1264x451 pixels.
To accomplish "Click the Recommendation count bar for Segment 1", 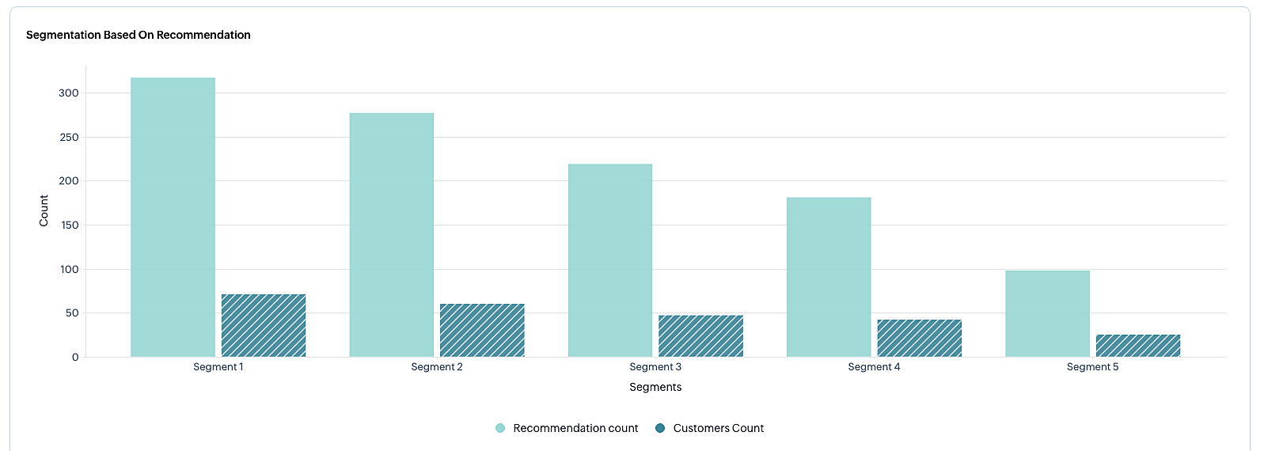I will point(173,217).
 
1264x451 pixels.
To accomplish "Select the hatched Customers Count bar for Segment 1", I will point(264,325).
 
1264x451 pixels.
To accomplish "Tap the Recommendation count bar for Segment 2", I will point(391,235).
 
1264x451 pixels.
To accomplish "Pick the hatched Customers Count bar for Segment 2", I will point(482,330).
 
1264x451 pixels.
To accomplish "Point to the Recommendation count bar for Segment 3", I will point(610,260).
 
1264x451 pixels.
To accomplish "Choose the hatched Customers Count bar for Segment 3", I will point(700,335).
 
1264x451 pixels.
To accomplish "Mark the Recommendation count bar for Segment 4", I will point(829,277).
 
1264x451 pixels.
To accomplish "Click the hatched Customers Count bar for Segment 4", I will point(919,338).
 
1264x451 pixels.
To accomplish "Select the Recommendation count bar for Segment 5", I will point(1047,313).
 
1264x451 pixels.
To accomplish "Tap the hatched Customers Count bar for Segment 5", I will point(1138,346).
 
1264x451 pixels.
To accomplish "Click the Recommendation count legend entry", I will point(567,428).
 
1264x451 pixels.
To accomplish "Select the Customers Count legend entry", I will point(710,428).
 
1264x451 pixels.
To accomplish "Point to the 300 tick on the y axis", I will point(69,93).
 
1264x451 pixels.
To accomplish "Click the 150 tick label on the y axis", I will point(69,225).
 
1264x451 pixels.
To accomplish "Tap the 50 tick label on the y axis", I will point(71,313).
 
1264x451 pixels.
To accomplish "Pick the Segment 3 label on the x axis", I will point(655,367).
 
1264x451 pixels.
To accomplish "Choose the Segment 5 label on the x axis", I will point(1092,367).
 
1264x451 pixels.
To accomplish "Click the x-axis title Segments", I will point(655,387).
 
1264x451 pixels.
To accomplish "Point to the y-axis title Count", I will point(44,210).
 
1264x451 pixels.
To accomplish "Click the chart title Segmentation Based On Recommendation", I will point(139,35).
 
